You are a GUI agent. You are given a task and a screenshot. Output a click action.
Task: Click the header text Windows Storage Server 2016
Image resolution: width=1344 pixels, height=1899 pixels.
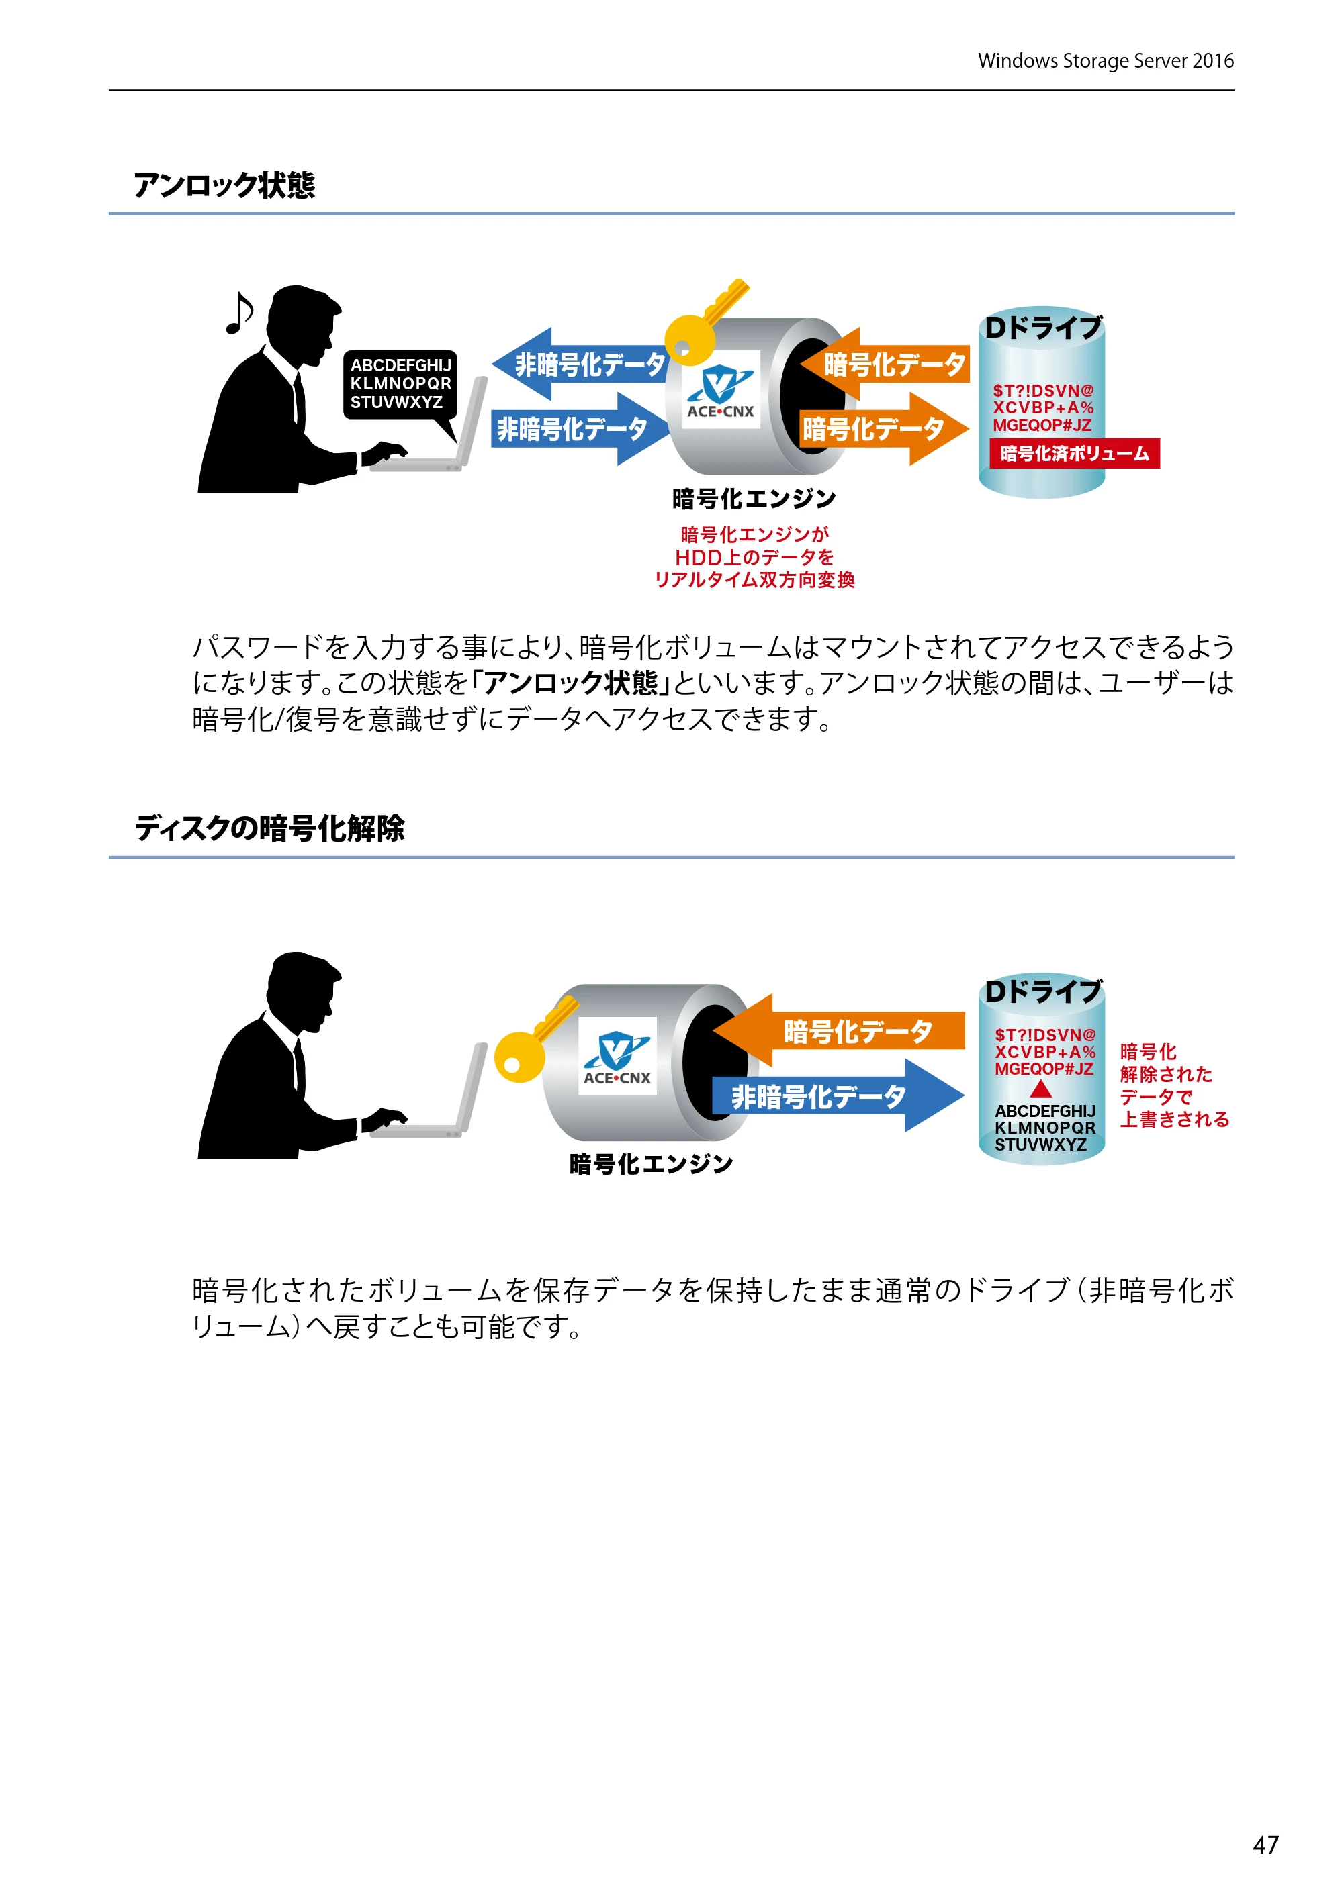(x=1106, y=61)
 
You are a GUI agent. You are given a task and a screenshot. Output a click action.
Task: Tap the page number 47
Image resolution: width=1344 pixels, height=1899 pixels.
(x=1265, y=1845)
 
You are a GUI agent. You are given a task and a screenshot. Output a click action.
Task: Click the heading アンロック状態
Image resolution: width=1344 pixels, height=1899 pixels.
(x=224, y=185)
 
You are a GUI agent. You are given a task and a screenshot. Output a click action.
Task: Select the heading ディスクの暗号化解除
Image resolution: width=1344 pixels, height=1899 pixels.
(x=270, y=828)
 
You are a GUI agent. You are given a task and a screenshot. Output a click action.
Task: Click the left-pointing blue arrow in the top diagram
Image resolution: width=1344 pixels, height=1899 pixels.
(x=581, y=364)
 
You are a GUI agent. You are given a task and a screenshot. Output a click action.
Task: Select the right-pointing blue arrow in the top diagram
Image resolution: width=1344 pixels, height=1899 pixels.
(x=579, y=428)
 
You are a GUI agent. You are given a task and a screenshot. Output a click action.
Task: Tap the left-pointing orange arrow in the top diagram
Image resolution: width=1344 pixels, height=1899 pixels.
(x=885, y=364)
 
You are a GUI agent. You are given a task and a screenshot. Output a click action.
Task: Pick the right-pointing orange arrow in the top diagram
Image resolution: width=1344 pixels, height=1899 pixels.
(x=884, y=428)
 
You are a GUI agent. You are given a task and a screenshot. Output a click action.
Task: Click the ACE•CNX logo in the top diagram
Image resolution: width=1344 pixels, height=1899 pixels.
(x=720, y=389)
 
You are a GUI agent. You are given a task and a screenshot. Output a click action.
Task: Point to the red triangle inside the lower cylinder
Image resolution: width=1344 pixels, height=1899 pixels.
(x=1041, y=1089)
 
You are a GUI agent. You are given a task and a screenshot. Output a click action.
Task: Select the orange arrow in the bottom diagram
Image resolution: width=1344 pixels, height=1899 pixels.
(x=839, y=1030)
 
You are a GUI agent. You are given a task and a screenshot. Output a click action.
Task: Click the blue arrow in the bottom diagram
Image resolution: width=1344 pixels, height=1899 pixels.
(x=838, y=1095)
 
